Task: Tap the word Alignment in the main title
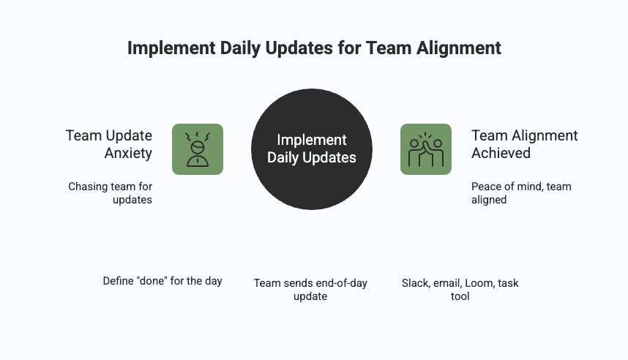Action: [x=455, y=48]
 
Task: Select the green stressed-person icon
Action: [x=198, y=149]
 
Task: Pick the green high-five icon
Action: [x=426, y=149]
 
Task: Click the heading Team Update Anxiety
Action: [x=109, y=144]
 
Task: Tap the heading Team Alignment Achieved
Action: [x=525, y=144]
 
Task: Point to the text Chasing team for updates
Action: [x=111, y=193]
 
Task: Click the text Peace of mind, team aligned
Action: [x=521, y=193]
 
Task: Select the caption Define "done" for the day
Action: [x=162, y=281]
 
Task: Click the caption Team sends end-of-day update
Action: [x=310, y=290]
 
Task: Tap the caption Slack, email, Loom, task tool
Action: [x=460, y=290]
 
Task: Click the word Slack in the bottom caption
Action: [x=415, y=283]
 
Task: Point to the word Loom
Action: [x=479, y=283]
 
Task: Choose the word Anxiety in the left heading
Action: [x=128, y=154]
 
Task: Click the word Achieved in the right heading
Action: [x=501, y=154]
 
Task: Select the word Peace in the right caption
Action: [x=486, y=187]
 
